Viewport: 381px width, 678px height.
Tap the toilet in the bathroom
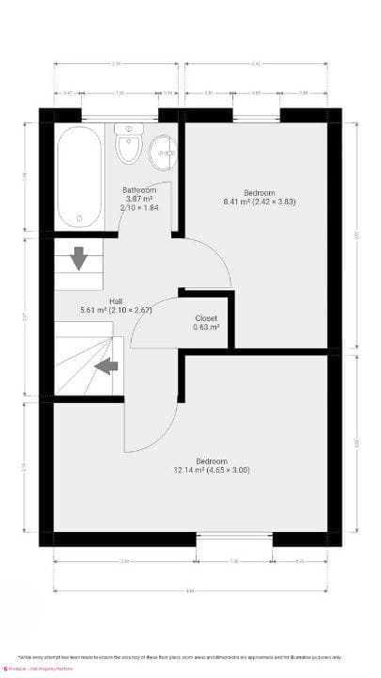coord(127,145)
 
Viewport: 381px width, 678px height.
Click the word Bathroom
coord(139,189)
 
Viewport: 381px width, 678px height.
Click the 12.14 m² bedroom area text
coord(212,470)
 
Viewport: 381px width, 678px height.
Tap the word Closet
coord(206,318)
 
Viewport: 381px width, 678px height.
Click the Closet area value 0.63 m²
coord(206,328)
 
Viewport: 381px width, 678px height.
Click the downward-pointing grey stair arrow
coord(78,256)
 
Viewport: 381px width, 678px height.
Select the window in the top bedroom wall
coord(256,116)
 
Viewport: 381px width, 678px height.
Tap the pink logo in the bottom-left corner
coord(6,669)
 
